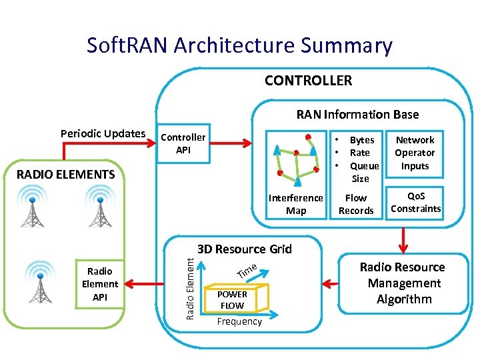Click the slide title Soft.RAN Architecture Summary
pos(239,45)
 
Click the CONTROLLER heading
pos(308,81)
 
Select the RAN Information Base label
pos(357,115)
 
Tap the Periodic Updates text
pos(103,133)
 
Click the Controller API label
pos(183,143)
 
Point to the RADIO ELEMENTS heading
pos(65,175)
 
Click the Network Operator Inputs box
pos(415,153)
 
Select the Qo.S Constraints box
pos(415,202)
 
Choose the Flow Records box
pos(356,204)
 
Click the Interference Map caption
pos(295,204)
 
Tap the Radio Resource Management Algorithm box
pos(403,283)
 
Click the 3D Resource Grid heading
pos(245,249)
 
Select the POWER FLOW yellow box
pos(232,299)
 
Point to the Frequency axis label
pos(239,321)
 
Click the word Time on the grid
pos(247,271)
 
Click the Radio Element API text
pos(100,284)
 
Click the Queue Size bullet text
pos(364,172)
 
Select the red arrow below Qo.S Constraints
pos(402,238)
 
